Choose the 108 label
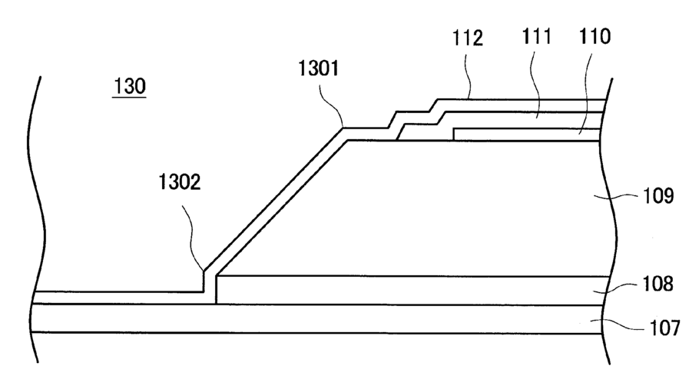pyautogui.click(x=658, y=285)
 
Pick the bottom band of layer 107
pyautogui.click(x=307, y=318)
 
